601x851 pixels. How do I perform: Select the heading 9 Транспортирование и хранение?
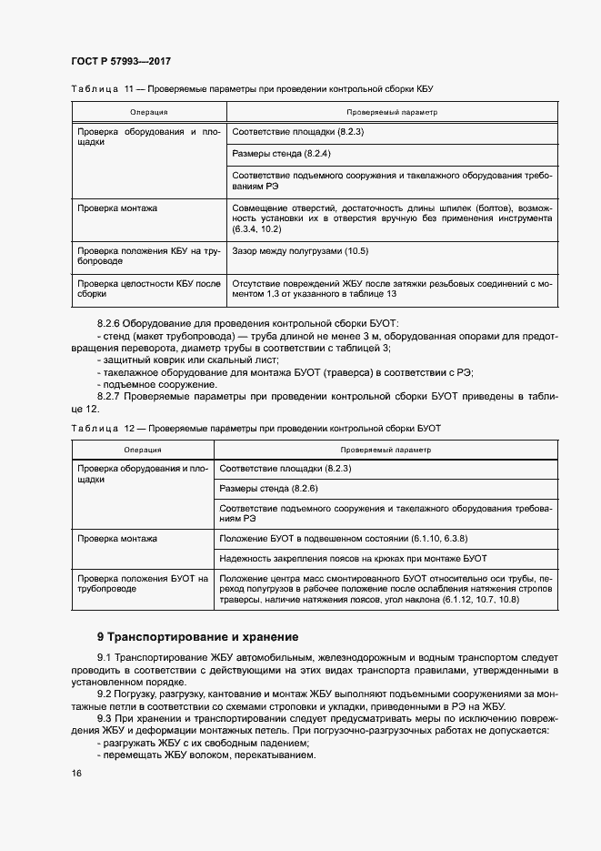coord(196,636)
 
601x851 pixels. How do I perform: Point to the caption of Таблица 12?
coord(255,427)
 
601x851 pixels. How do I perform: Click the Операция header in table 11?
coord(147,113)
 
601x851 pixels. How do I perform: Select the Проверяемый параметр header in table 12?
coord(386,450)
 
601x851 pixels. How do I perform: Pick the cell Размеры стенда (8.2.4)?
coord(281,153)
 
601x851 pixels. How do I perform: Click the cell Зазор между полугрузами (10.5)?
coord(300,250)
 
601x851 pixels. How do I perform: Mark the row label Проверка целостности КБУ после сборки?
coord(149,289)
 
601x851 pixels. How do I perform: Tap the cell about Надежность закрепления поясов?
coord(354,557)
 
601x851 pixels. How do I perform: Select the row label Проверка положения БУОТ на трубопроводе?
coord(143,583)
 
